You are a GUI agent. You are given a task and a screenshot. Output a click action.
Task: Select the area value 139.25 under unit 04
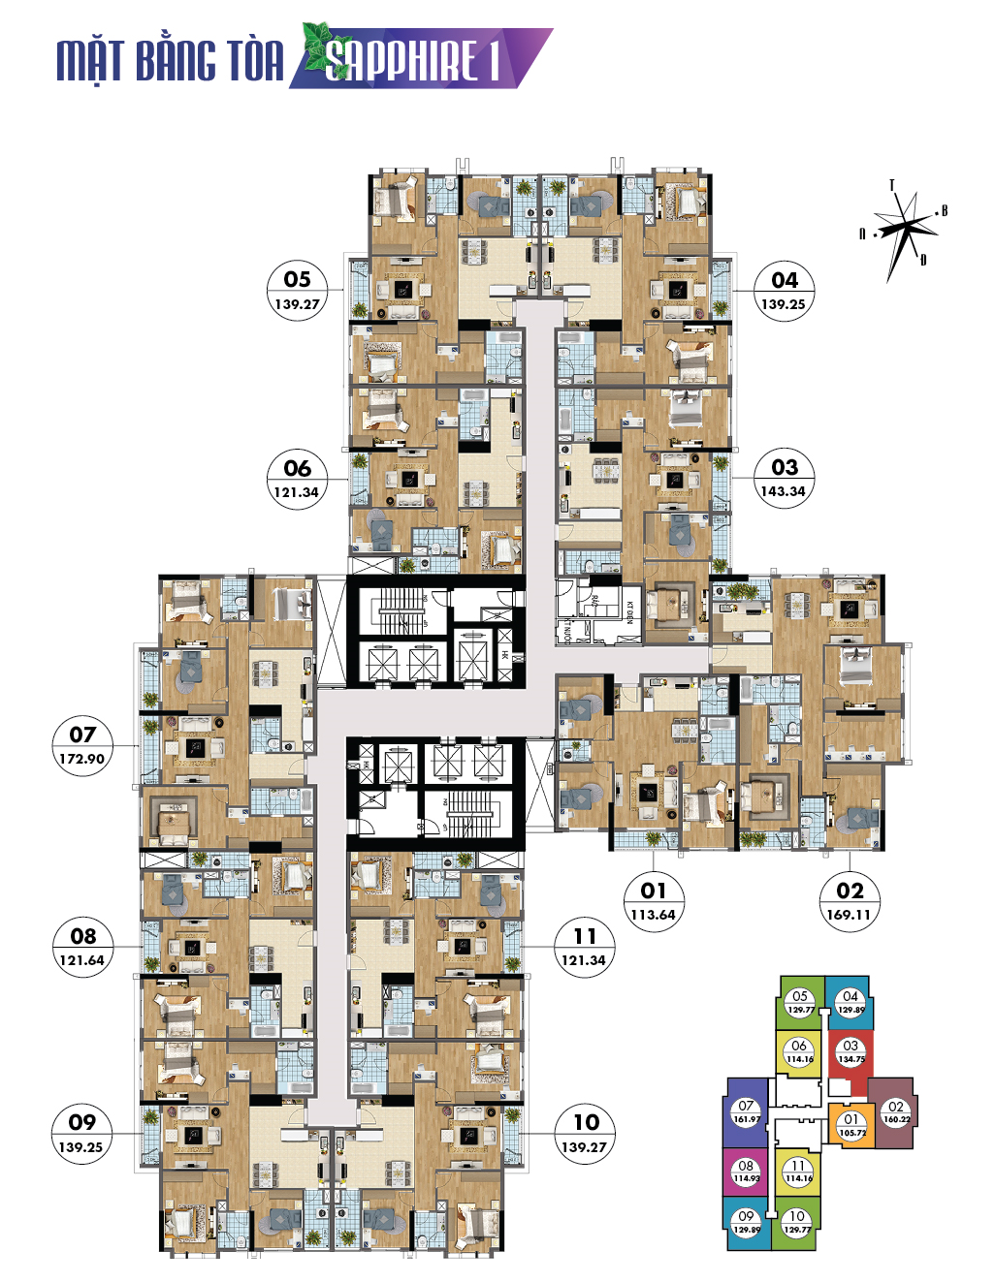[783, 304]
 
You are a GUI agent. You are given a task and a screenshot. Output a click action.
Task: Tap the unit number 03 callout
[784, 467]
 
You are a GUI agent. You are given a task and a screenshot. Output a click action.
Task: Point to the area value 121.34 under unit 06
[296, 492]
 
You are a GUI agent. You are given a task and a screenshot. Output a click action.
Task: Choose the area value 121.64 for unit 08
[81, 960]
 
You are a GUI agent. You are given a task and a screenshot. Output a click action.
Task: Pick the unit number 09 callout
[82, 1122]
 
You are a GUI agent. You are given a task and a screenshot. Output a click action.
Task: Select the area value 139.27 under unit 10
[584, 1147]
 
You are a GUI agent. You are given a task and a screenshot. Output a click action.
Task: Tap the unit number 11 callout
[584, 936]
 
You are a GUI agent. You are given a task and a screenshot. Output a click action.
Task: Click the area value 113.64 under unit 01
[653, 915]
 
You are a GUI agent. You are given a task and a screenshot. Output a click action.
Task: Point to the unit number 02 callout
[850, 891]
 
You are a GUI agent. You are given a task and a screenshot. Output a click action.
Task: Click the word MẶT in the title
[90, 61]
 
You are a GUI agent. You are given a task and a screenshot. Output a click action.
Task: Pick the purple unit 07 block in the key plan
[746, 1112]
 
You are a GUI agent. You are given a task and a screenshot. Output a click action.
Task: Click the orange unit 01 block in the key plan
[851, 1125]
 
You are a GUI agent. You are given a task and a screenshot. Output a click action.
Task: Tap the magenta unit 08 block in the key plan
[746, 1173]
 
